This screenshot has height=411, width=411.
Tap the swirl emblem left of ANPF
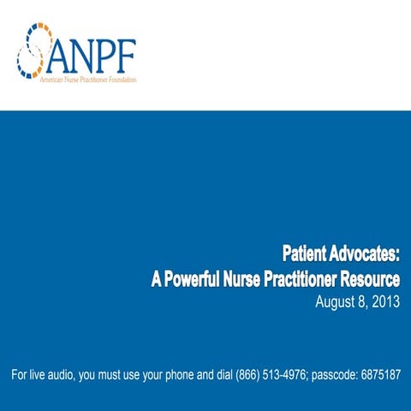point(33,53)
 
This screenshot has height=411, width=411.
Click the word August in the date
point(335,302)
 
